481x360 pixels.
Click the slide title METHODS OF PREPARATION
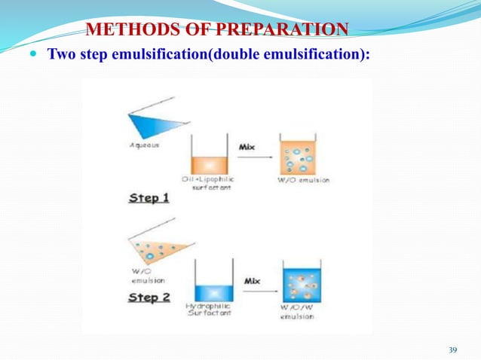pyautogui.click(x=218, y=29)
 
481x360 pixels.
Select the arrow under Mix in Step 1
pyautogui.click(x=252, y=159)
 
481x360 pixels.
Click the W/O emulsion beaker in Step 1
pyautogui.click(x=301, y=159)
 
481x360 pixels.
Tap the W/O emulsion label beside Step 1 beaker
pyautogui.click(x=302, y=181)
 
